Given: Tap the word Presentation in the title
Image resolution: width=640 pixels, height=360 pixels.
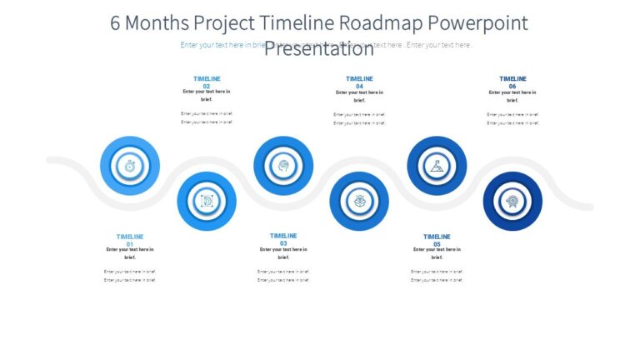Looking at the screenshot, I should point(319,49).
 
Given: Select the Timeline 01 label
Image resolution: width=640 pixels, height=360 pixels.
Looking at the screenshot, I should point(130,240).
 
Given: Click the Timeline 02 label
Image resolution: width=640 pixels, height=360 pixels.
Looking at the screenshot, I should point(207,82).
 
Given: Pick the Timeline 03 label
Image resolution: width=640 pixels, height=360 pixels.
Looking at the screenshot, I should point(283,239).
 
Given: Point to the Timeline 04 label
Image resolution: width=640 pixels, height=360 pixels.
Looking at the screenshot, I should point(359,82).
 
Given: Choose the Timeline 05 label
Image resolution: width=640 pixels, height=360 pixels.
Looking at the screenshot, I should point(437,240).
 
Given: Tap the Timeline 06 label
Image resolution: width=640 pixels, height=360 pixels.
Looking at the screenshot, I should point(512,82).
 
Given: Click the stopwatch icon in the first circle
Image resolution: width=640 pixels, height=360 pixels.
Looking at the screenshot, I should point(130,166).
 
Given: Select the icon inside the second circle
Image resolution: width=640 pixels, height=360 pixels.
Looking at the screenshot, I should point(207,201).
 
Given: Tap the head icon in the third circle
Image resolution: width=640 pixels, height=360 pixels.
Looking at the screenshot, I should point(283,166).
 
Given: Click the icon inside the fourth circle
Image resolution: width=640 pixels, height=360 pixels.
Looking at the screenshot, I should point(359,201).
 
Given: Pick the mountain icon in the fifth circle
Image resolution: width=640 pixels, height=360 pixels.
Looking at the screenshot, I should point(437,166).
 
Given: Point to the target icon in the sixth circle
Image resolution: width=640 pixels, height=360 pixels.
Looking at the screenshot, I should point(512,201).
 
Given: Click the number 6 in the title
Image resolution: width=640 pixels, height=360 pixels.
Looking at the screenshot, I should point(116,22).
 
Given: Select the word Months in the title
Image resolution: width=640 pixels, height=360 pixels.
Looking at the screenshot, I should point(159,22).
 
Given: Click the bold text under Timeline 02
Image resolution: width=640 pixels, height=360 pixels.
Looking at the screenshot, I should point(207,95).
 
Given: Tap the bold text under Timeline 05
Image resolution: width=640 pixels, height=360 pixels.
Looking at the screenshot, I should point(437,253).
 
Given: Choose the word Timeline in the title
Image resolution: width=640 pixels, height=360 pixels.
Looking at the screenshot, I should point(295,22).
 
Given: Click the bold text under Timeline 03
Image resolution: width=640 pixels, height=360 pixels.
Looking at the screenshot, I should point(283,253).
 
